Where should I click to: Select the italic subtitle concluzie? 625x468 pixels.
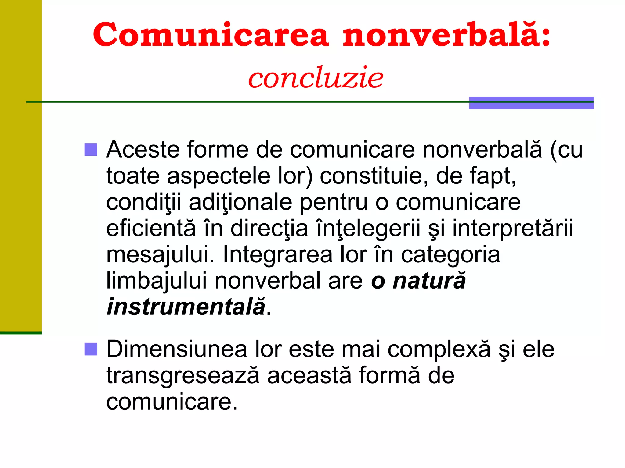click(x=316, y=77)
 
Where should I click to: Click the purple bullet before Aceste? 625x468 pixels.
click(x=91, y=150)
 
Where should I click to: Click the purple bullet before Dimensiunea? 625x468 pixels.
click(x=91, y=349)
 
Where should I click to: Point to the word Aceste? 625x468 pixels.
click(x=143, y=150)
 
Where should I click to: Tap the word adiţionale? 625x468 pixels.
click(x=240, y=202)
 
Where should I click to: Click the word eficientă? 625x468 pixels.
click(x=151, y=229)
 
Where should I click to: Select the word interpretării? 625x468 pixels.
click(x=513, y=229)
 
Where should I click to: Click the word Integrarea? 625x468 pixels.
click(x=278, y=255)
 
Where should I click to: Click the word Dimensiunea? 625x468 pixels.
click(x=177, y=349)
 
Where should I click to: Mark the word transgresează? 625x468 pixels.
click(x=183, y=375)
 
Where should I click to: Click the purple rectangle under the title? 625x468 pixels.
click(x=531, y=103)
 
